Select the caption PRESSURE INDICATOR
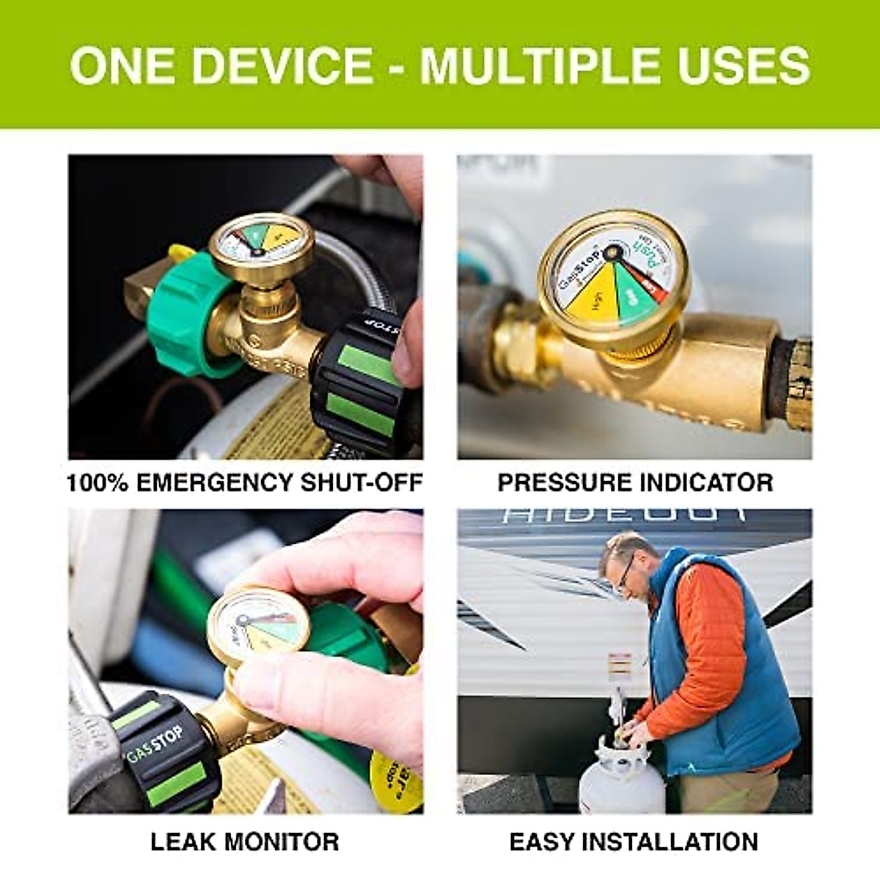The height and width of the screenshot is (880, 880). [x=635, y=483]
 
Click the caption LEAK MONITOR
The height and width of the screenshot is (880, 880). [x=245, y=841]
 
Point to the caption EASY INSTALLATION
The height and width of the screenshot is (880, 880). [x=634, y=841]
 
